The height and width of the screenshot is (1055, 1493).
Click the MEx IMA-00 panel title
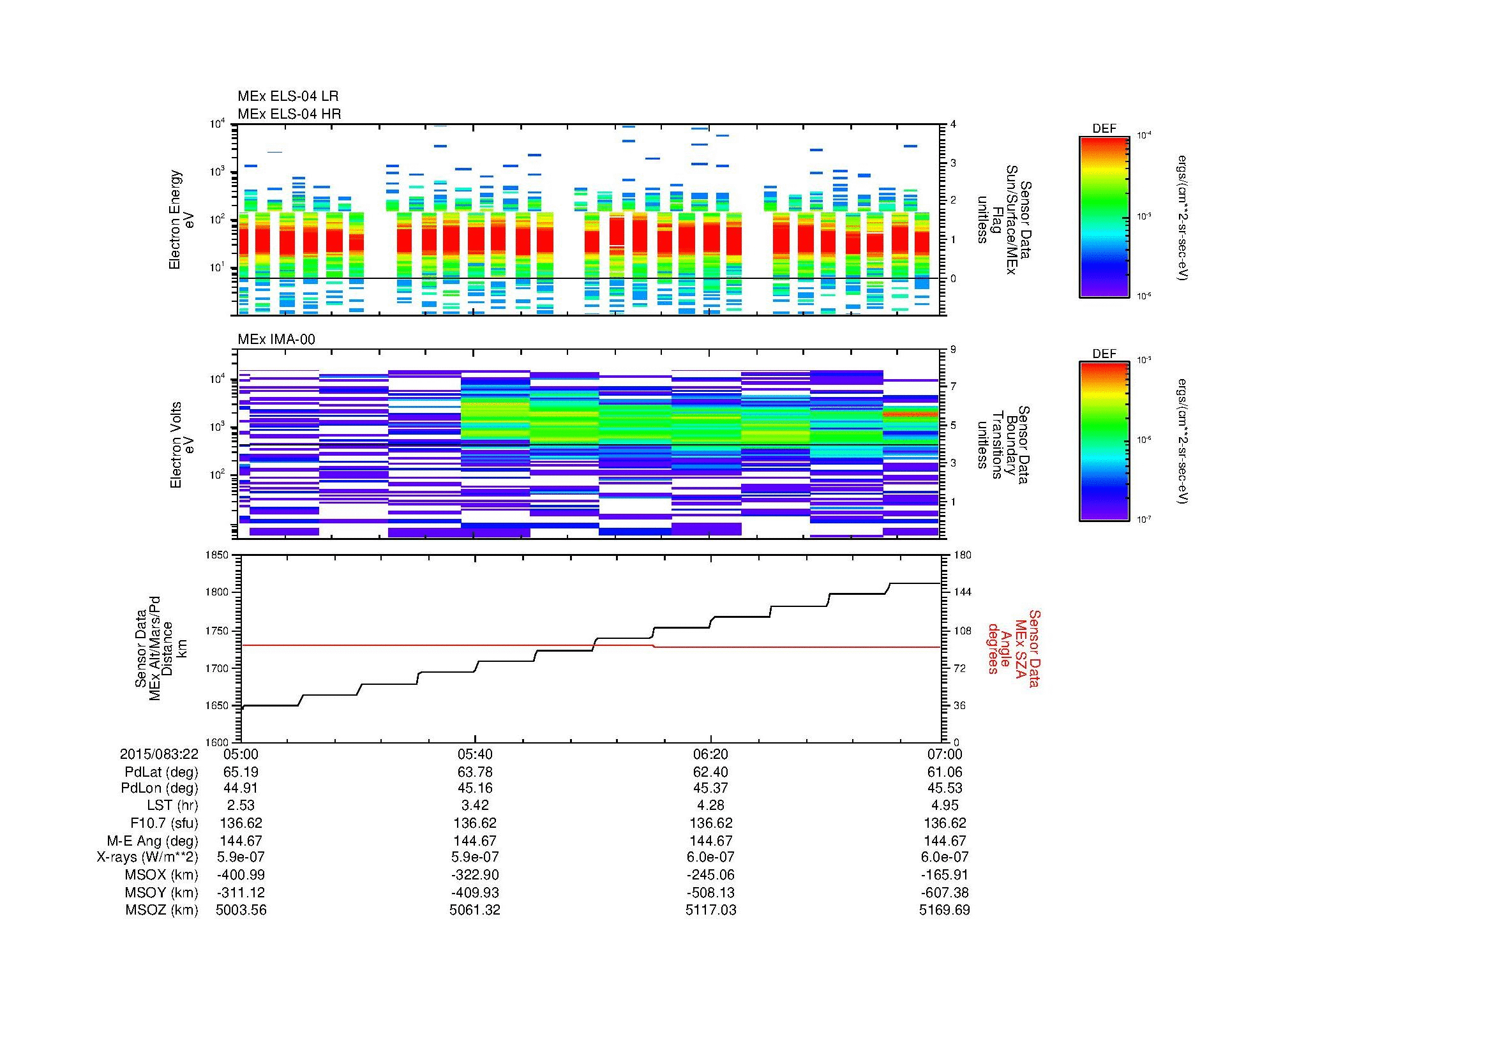click(276, 340)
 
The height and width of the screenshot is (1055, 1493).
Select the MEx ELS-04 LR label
click(288, 96)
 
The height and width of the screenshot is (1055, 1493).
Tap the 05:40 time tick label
click(475, 754)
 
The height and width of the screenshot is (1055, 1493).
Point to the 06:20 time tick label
click(710, 754)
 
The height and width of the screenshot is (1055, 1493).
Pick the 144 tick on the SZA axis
click(961, 592)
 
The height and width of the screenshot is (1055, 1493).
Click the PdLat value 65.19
click(241, 772)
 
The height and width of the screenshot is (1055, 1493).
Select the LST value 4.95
click(944, 805)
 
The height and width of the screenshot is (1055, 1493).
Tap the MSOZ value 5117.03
click(710, 910)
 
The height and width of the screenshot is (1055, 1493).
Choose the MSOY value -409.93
click(475, 892)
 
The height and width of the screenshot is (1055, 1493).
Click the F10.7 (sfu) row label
click(163, 823)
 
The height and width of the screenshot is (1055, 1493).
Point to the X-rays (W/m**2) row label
click(147, 857)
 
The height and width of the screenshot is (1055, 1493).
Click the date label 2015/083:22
click(159, 754)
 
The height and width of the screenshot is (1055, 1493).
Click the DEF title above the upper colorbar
click(1104, 129)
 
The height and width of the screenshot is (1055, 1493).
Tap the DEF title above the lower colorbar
click(1104, 354)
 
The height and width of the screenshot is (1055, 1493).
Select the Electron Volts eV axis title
click(183, 445)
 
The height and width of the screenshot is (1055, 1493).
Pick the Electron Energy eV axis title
click(183, 220)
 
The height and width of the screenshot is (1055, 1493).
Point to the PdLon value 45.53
click(944, 788)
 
